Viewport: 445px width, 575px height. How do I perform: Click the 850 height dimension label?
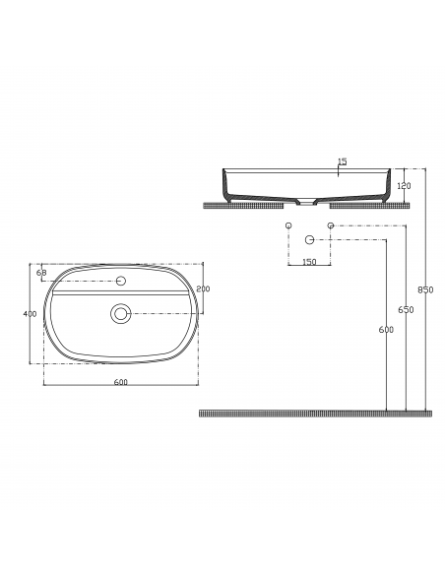425,289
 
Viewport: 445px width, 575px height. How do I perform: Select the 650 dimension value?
406,310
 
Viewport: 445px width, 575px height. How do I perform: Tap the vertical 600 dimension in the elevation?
386,330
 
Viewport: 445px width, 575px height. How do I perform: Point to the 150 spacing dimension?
309,262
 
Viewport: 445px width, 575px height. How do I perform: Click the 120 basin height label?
404,186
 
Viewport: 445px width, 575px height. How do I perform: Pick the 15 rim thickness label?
342,161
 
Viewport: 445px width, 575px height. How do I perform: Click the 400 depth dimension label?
30,314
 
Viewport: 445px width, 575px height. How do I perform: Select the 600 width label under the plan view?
120,382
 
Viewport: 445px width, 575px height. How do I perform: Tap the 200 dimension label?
203,288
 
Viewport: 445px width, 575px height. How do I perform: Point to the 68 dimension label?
41,273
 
